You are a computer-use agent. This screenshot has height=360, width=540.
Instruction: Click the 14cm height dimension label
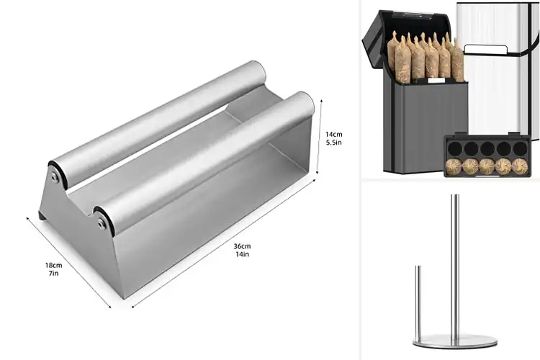click(333, 134)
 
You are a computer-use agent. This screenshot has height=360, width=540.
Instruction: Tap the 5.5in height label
click(333, 143)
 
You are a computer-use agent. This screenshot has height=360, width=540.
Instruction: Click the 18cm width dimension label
click(53, 265)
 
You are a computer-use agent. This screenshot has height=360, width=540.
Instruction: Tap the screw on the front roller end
click(102, 224)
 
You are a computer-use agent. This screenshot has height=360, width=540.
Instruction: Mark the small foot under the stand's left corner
click(42, 215)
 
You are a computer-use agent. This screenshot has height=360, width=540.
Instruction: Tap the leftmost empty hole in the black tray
click(454, 148)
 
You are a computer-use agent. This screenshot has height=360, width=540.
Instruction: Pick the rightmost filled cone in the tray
click(519, 167)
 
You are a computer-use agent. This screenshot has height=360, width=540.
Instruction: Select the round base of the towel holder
click(451, 341)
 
